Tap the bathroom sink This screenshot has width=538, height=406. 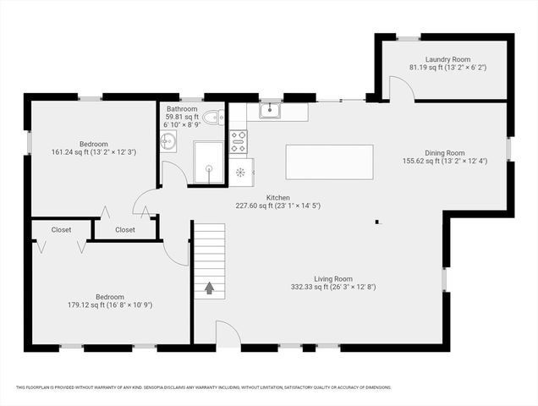pos(168,141)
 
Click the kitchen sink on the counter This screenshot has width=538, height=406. pos(271,110)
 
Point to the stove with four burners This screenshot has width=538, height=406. pos(239,140)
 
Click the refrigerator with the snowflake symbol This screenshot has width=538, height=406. pos(241,171)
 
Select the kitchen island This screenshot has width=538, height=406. pos(329,162)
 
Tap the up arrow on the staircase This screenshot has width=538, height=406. pos(209,288)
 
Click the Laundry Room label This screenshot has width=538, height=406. pos(447,59)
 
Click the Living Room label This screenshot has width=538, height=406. pos(332,278)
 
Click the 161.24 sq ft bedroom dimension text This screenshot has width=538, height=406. pos(94,151)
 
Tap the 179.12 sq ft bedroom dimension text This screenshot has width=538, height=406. pos(110,304)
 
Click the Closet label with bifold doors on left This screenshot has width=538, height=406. pos(61,229)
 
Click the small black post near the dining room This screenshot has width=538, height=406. pos(378,223)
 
